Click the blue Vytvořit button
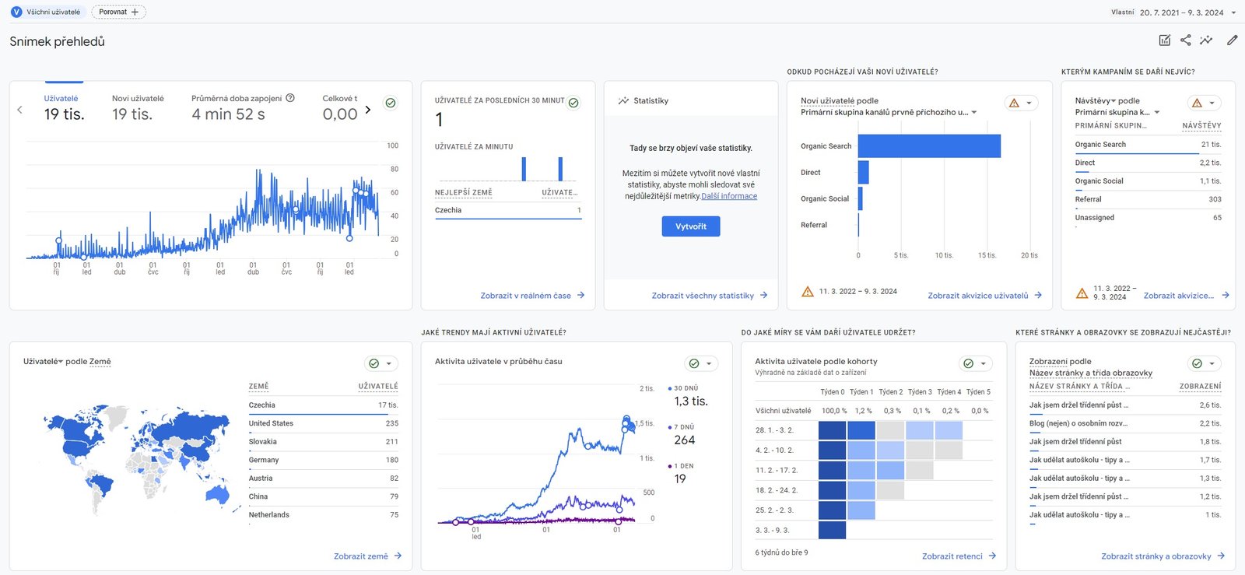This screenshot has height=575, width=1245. pos(690,226)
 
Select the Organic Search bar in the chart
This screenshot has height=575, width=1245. pos(929,146)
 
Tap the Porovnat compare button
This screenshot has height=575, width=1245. pos(118,12)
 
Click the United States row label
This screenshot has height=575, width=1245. pos(271,423)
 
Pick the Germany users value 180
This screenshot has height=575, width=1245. pos(392,460)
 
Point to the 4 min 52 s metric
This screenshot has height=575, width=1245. pos(229,114)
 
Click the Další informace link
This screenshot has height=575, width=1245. pos(729,196)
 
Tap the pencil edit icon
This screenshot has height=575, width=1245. pos(1233,40)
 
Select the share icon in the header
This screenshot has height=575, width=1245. pos(1186,40)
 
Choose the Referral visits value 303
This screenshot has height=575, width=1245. pos(1215,199)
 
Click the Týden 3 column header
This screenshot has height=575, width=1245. pos(920,392)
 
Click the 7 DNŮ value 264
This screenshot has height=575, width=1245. pos(684,440)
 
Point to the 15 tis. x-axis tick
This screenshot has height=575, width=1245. pos(987,255)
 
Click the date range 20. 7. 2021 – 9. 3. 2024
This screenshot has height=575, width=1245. pos(1182,12)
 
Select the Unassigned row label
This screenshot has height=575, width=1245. pos(1094,218)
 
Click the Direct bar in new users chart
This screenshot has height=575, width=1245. pos(863,172)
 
